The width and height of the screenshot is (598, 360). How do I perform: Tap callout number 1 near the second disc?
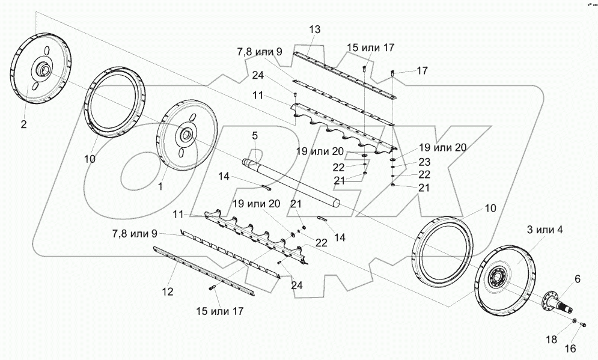(160, 187)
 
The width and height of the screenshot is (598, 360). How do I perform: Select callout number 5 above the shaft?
(254, 136)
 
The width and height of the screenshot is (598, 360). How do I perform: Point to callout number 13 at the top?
(315, 29)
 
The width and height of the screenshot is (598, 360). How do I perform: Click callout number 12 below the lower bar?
(168, 291)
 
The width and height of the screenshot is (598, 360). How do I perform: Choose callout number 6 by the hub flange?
(578, 278)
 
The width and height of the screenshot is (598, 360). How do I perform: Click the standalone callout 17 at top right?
(422, 71)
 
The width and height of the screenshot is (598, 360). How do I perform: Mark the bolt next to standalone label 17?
(393, 73)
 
